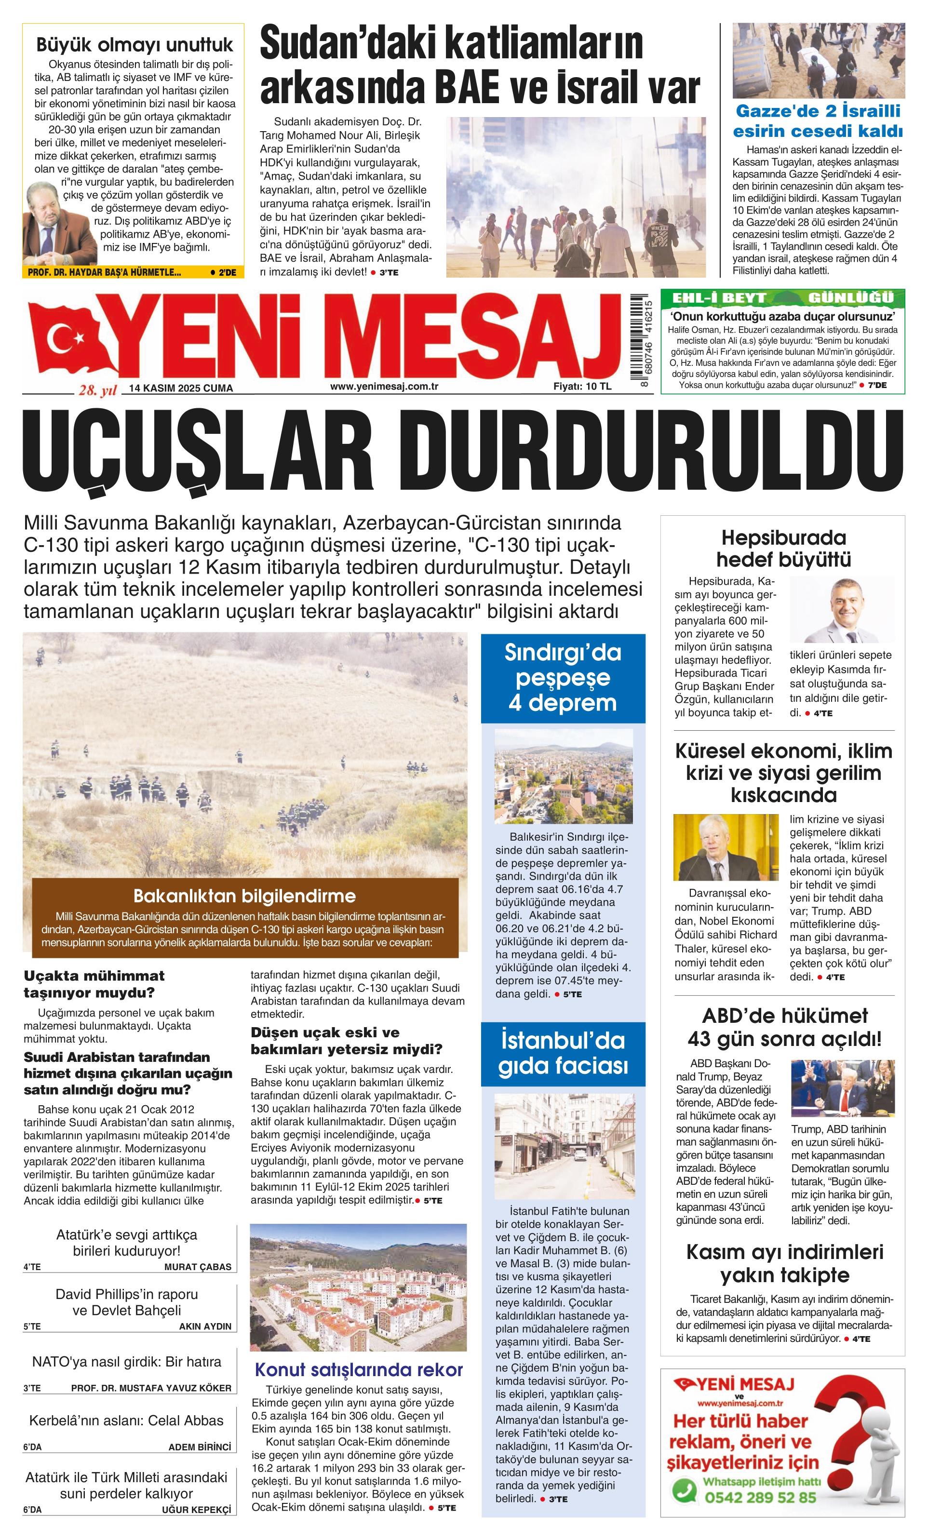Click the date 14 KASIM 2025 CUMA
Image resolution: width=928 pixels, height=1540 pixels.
click(181, 388)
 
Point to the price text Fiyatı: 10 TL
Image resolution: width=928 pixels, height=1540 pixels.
click(582, 386)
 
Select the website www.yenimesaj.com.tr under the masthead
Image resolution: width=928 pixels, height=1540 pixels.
click(384, 386)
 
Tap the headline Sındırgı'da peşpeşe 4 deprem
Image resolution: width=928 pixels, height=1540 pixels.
click(563, 678)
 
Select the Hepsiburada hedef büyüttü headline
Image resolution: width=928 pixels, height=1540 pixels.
click(783, 548)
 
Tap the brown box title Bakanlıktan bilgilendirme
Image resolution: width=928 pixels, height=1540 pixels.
click(244, 896)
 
